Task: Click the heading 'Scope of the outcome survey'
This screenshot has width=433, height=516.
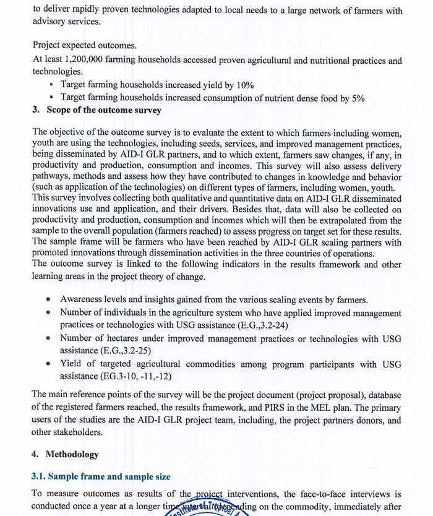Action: coord(103,110)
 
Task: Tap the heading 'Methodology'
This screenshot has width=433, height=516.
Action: coord(72,454)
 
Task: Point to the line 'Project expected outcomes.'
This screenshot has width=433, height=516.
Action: coord(85,45)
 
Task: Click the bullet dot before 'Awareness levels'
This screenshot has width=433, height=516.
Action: coord(48,299)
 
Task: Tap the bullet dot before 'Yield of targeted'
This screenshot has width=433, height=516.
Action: coord(48,364)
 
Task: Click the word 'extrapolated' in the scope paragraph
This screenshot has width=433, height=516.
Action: coord(343,220)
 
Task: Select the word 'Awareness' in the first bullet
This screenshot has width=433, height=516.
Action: coord(83,299)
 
